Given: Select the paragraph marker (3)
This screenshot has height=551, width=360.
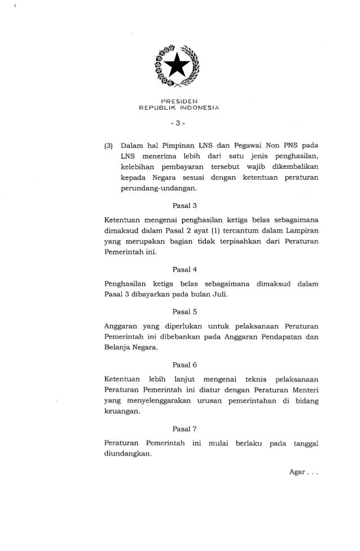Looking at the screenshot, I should [111, 147].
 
